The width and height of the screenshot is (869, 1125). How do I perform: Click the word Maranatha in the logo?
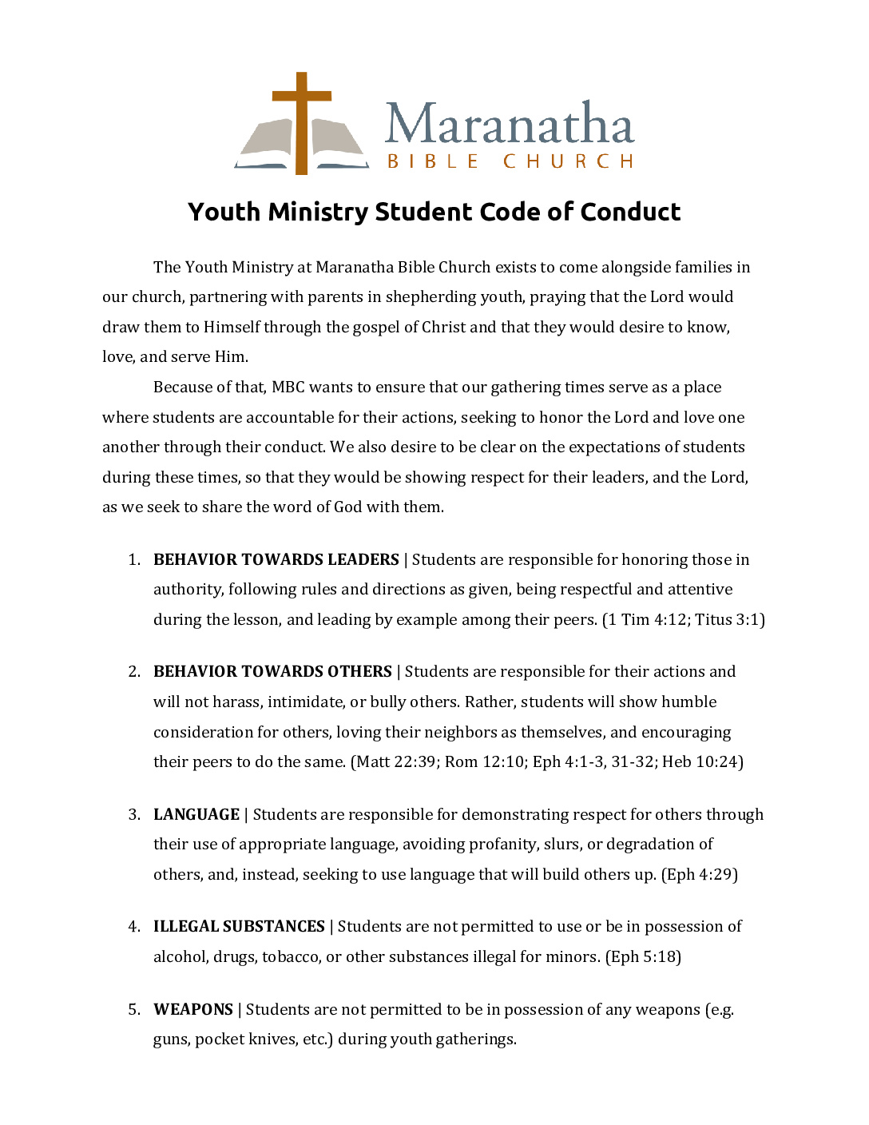[x=509, y=124]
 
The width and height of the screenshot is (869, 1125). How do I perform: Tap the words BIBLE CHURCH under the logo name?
[x=510, y=161]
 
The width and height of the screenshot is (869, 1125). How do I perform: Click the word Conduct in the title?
[x=630, y=212]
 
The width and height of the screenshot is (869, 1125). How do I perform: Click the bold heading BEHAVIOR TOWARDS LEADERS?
[x=276, y=559]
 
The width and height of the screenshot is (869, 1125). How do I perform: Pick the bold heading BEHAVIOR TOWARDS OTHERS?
[x=272, y=671]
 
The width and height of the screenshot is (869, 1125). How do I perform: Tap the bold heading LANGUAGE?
[x=196, y=814]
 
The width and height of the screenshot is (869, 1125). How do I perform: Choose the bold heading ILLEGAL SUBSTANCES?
[x=239, y=926]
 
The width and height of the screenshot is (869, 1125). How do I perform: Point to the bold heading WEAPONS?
[x=193, y=1009]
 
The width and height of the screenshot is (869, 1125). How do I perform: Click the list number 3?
[x=133, y=814]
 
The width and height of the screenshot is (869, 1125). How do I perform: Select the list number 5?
[x=133, y=1009]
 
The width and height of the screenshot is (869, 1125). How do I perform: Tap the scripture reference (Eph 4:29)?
[x=700, y=874]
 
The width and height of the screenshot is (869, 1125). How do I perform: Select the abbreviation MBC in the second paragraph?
[x=288, y=388]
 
